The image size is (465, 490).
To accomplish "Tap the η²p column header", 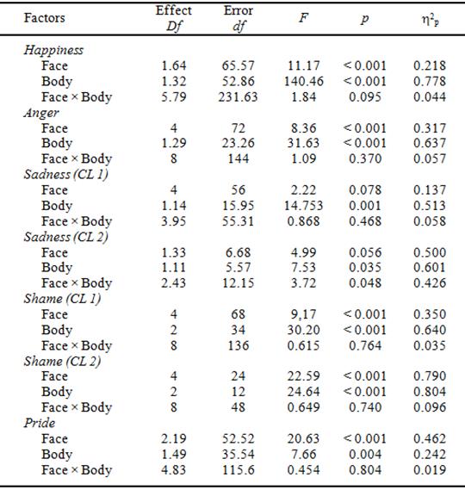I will tap(430, 17).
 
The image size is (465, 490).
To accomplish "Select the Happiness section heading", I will tap(53, 50).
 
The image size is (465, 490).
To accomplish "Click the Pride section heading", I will tap(39, 423).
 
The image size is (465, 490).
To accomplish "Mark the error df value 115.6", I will tap(239, 469).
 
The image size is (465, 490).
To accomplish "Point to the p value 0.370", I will tap(365, 158).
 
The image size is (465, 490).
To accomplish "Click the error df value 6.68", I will tap(239, 252).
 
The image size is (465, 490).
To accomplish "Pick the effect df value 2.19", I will tap(174, 438).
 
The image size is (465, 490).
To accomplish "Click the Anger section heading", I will tap(40, 112).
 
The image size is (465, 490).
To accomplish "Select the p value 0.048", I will tap(365, 283).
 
